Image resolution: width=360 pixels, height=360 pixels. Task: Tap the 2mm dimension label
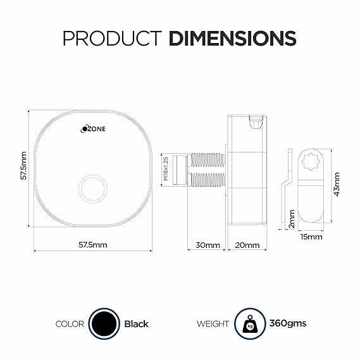292,218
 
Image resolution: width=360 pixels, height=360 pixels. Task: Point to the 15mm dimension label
311,237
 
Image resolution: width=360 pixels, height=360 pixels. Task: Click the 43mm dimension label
337,183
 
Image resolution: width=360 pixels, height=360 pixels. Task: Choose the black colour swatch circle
104,323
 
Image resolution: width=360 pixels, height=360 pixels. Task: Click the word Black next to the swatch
136,324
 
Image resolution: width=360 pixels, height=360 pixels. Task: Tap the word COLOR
70,324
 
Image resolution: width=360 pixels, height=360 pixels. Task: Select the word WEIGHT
213,324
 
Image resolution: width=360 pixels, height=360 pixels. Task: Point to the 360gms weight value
288,323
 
